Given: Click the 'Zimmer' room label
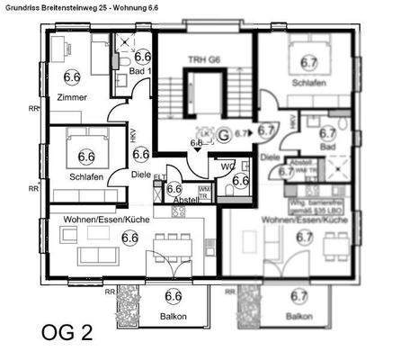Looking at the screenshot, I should click(70, 96).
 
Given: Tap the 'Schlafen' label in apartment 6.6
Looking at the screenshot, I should click(86, 177).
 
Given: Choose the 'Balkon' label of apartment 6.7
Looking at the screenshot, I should click(299, 317).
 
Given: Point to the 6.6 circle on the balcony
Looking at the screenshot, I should click(174, 295).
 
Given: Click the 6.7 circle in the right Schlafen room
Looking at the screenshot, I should click(308, 63).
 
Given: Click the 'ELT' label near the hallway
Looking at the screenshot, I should click(158, 178).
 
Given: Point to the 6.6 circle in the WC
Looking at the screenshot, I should click(240, 179).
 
